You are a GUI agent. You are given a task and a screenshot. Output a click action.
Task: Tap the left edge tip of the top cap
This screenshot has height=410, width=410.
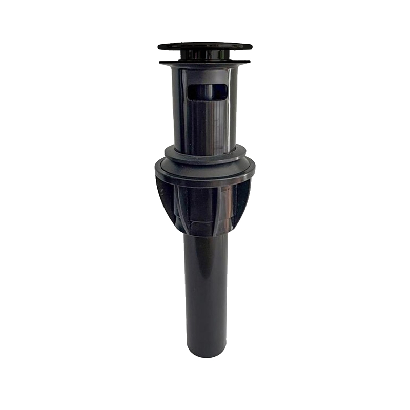point(159,47)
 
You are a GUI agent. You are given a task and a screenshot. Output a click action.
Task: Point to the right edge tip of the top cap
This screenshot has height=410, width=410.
point(251,47)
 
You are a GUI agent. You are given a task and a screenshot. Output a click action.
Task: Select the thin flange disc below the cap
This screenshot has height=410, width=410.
point(205,63)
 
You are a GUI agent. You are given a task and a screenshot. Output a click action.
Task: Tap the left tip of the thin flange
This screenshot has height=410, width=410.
point(160,63)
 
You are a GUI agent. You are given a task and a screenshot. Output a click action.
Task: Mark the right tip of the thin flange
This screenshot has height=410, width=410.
point(250,63)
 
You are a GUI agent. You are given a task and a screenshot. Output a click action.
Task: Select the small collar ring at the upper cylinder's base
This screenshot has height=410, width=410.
point(205,150)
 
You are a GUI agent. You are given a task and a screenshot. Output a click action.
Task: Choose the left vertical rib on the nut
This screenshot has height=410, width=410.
point(179,205)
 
